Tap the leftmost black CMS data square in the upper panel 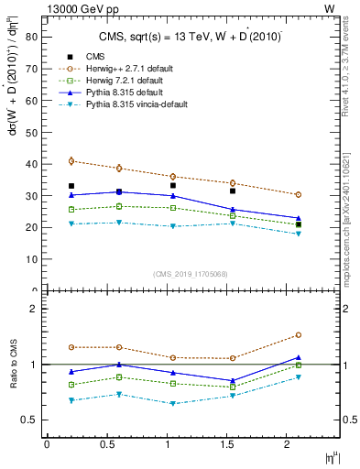click(x=71, y=186)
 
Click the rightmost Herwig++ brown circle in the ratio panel click(x=299, y=335)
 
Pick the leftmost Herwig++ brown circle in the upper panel click(x=71, y=161)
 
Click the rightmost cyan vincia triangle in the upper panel click(x=299, y=234)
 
